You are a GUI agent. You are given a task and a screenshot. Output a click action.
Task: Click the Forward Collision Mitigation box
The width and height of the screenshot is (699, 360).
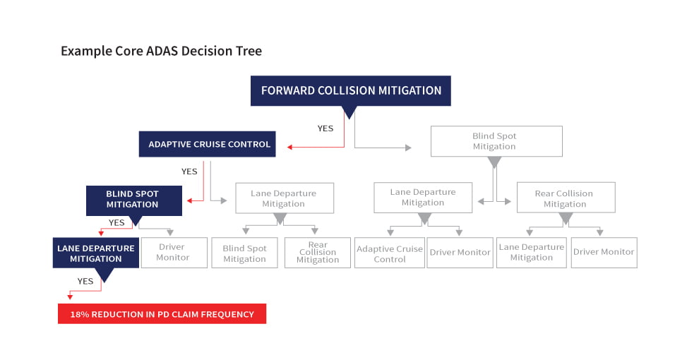click(350, 91)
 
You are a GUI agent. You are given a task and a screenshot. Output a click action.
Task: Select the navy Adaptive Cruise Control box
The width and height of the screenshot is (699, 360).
click(208, 144)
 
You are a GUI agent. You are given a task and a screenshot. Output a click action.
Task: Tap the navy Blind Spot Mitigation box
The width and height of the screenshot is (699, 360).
click(133, 200)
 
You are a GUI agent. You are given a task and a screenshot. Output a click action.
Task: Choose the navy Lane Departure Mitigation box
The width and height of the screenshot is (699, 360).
click(96, 253)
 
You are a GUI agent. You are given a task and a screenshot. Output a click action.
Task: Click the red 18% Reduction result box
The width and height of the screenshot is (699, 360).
click(162, 313)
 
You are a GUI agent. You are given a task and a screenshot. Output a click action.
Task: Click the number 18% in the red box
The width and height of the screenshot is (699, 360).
click(80, 314)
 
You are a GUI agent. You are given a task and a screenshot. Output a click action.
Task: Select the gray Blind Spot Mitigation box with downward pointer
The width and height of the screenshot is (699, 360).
click(496, 141)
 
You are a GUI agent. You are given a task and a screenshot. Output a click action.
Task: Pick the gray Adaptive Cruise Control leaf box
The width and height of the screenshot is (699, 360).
click(390, 253)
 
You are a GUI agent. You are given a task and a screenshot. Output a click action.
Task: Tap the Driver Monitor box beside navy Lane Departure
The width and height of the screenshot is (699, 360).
click(174, 253)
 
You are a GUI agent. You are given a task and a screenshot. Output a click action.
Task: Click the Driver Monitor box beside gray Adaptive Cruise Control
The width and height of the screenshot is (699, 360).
click(460, 253)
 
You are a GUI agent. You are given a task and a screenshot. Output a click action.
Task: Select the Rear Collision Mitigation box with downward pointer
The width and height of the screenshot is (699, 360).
click(566, 198)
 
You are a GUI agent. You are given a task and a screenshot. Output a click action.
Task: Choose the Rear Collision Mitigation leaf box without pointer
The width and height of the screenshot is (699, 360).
click(318, 253)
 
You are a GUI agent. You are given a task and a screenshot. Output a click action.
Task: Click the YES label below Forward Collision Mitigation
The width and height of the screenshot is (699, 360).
click(325, 128)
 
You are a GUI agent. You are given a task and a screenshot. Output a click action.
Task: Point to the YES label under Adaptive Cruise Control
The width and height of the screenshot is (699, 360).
click(189, 172)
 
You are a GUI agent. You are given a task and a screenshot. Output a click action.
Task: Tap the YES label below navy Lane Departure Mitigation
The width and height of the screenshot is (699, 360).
click(85, 281)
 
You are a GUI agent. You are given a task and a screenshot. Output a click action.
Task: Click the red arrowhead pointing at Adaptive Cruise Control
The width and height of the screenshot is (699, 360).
click(289, 147)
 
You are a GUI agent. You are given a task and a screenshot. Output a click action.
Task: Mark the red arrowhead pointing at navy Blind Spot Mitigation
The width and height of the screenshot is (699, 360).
click(189, 201)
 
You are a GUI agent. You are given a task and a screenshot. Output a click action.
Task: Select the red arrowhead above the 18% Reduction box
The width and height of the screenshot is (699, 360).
click(70, 296)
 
